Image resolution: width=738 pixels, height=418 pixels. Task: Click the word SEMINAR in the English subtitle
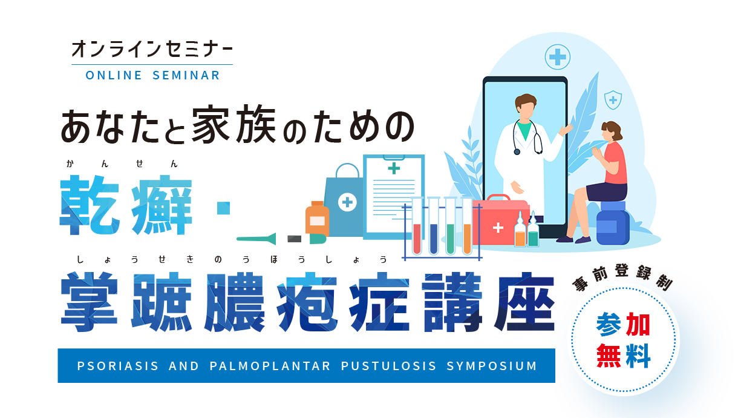coord(186,75)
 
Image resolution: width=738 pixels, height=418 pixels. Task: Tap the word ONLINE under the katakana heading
coord(114,75)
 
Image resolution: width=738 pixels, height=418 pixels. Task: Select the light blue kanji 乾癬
coord(126,205)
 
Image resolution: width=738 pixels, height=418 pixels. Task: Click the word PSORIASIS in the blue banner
coord(117,366)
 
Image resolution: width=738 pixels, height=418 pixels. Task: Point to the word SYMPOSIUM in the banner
coord(492,366)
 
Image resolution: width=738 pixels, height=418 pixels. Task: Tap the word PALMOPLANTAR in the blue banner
coord(270,366)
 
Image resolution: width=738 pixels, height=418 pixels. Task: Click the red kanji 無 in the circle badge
coord(609,356)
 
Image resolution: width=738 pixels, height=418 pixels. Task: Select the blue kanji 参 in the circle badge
coord(609,325)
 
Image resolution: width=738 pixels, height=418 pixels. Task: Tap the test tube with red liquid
coord(417,227)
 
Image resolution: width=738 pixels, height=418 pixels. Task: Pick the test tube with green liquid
coord(451,227)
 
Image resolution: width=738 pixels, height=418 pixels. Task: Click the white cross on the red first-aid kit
coord(498,228)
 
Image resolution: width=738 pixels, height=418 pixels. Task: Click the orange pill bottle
coord(317,217)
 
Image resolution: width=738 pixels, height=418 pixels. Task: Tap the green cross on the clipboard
coord(394,168)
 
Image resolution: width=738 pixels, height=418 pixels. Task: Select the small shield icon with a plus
coord(613,99)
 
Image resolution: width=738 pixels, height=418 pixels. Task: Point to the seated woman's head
coord(611,131)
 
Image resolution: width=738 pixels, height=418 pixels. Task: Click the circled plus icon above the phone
coord(558,57)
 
